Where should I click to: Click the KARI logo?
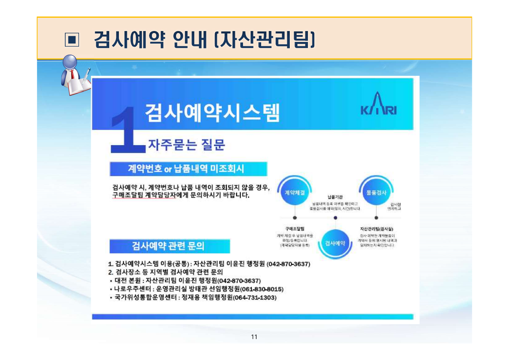pos(378,105)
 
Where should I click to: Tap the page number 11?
pos(254,337)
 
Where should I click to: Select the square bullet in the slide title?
pos(72,40)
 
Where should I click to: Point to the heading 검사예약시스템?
pos(212,111)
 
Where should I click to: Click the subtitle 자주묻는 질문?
pos(187,144)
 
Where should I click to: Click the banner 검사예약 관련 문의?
pos(169,246)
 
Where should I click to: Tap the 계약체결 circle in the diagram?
pos(295,192)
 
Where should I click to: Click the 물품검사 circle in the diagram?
pos(376,192)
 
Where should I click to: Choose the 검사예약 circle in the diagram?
pos(335,243)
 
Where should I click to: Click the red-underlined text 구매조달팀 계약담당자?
pos(144,196)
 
